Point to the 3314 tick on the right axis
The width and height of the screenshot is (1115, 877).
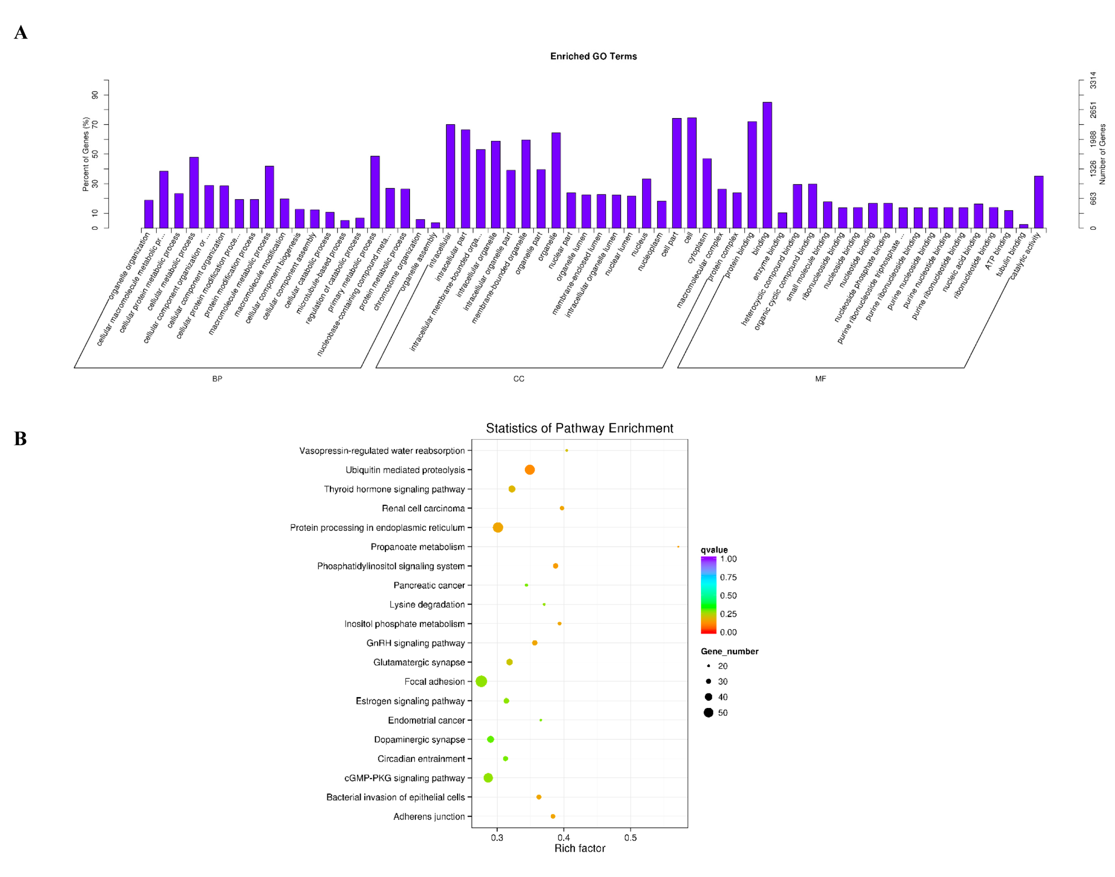(x=1092, y=80)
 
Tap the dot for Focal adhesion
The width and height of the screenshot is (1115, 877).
(x=481, y=681)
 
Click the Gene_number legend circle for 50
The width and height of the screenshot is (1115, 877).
(x=708, y=712)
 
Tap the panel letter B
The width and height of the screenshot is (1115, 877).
(x=20, y=438)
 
